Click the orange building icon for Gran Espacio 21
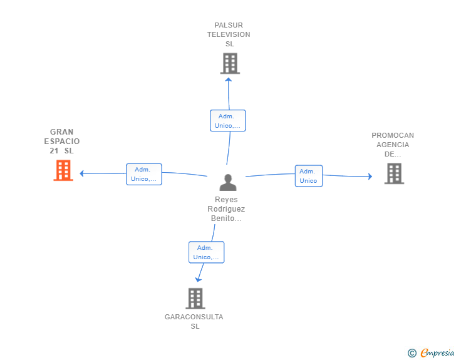tap(63, 170)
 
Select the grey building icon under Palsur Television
tap(230, 63)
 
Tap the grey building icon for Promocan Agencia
tap(394, 173)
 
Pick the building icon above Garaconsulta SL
tap(195, 298)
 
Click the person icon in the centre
tap(228, 182)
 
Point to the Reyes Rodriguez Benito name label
tap(226, 209)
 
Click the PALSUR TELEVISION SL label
tap(229, 35)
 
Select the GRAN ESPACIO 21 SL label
tap(62, 141)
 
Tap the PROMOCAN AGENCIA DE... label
tap(393, 145)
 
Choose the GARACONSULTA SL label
tap(194, 321)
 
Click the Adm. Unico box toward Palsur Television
tap(227, 121)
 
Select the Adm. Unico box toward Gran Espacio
tap(144, 174)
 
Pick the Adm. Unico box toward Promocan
tap(308, 176)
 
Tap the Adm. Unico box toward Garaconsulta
tap(206, 252)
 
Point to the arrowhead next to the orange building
tap(81, 173)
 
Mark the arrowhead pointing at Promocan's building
tap(370, 177)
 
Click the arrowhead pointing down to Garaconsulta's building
tap(199, 279)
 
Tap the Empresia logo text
tap(437, 352)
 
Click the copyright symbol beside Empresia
tap(412, 353)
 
